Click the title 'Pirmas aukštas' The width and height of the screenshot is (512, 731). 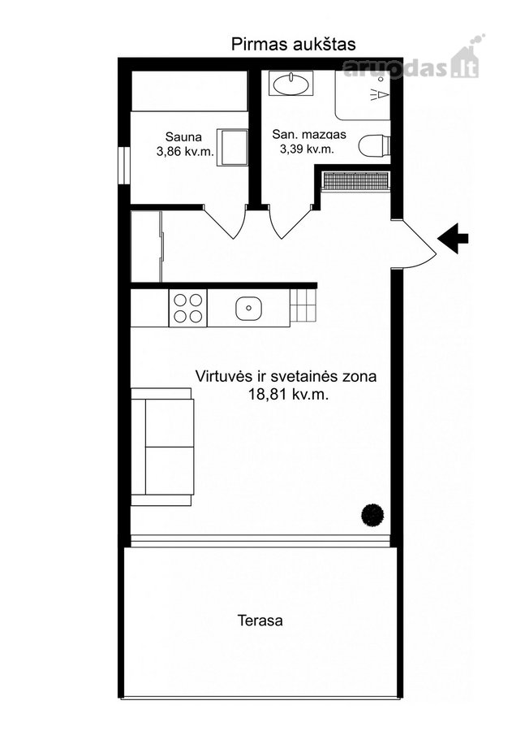tap(294, 45)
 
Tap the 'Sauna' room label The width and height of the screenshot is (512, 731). tap(183, 137)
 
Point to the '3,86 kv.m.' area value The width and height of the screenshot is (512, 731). tap(185, 152)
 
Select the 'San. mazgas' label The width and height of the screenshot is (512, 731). tap(309, 135)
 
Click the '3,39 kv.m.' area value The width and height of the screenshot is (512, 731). tap(307, 149)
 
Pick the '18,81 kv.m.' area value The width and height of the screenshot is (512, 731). tap(289, 395)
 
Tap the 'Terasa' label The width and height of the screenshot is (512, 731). tap(260, 621)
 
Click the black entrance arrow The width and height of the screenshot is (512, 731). tap(453, 239)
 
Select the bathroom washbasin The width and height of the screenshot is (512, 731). tap(290, 84)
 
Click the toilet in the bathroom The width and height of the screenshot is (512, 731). tap(374, 145)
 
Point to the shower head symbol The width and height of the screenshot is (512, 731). tap(381, 94)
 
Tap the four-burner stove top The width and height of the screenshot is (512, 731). tap(187, 308)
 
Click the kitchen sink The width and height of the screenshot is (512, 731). tap(248, 308)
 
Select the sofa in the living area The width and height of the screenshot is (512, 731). tap(162, 447)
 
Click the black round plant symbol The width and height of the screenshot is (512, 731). tap(372, 515)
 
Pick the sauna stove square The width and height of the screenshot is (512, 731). tap(233, 147)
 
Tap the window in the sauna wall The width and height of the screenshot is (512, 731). tap(124, 166)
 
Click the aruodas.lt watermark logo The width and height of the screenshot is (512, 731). tap(412, 64)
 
